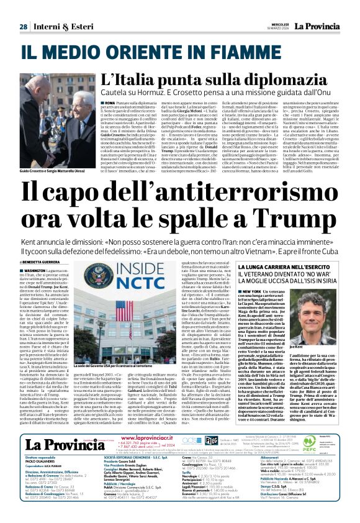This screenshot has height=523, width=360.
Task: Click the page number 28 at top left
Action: click(22, 27)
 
